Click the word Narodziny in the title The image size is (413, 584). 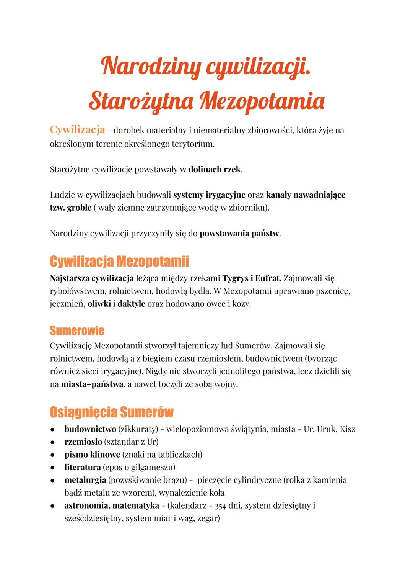(150, 66)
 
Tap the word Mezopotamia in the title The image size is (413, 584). (262, 101)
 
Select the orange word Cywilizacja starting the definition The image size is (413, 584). (77, 130)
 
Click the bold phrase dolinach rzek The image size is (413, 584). (215, 169)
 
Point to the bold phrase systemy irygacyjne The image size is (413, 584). (209, 195)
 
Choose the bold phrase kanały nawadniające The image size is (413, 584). (305, 195)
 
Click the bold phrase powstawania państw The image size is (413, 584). (239, 233)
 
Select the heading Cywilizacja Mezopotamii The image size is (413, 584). (119, 262)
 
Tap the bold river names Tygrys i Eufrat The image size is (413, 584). (250, 278)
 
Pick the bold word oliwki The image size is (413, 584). (99, 304)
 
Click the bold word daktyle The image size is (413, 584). (131, 304)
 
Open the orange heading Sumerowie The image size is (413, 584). (77, 330)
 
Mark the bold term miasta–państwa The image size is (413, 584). (92, 384)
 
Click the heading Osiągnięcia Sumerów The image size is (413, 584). (111, 412)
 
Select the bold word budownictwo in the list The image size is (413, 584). (90, 429)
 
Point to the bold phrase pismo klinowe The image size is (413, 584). (92, 455)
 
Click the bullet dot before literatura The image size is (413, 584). (53, 468)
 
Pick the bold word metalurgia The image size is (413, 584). (85, 480)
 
